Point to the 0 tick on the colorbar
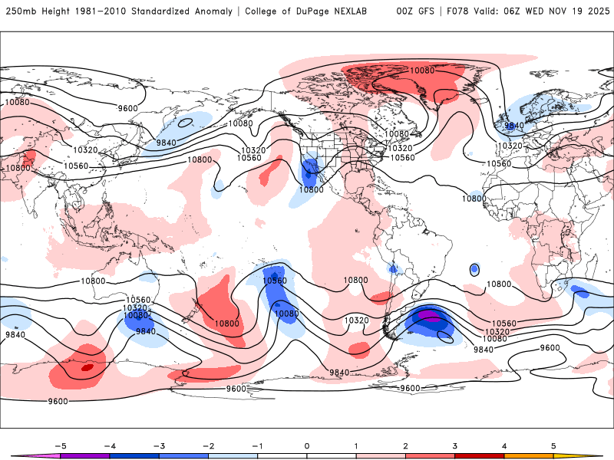click(306, 445)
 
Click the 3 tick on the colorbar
click(455, 445)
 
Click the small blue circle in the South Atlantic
click(474, 269)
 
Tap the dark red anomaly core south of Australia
click(87, 368)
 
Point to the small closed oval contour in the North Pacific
click(184, 122)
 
